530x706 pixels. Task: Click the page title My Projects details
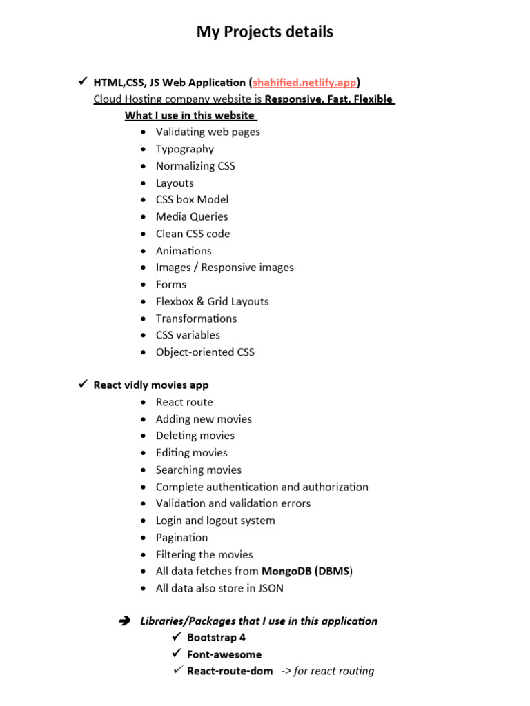click(264, 32)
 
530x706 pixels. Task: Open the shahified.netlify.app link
click(304, 83)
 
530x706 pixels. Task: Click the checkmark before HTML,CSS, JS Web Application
click(81, 82)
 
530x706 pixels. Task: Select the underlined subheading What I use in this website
click(190, 115)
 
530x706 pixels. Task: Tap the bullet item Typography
click(184, 149)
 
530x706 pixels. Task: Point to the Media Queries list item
click(191, 216)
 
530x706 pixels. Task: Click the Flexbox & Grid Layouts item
click(212, 301)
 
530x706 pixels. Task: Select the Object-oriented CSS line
click(205, 352)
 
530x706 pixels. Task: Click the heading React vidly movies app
click(150, 385)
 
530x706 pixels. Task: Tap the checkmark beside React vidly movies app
click(81, 384)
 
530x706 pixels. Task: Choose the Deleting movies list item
click(195, 436)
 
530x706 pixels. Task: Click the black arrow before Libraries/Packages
click(125, 621)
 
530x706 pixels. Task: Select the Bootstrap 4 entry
click(216, 638)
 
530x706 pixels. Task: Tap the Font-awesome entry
click(224, 654)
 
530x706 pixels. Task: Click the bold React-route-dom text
click(229, 671)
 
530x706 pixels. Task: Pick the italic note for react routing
click(328, 671)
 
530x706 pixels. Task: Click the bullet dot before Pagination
click(142, 538)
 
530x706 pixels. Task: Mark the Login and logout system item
click(215, 521)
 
